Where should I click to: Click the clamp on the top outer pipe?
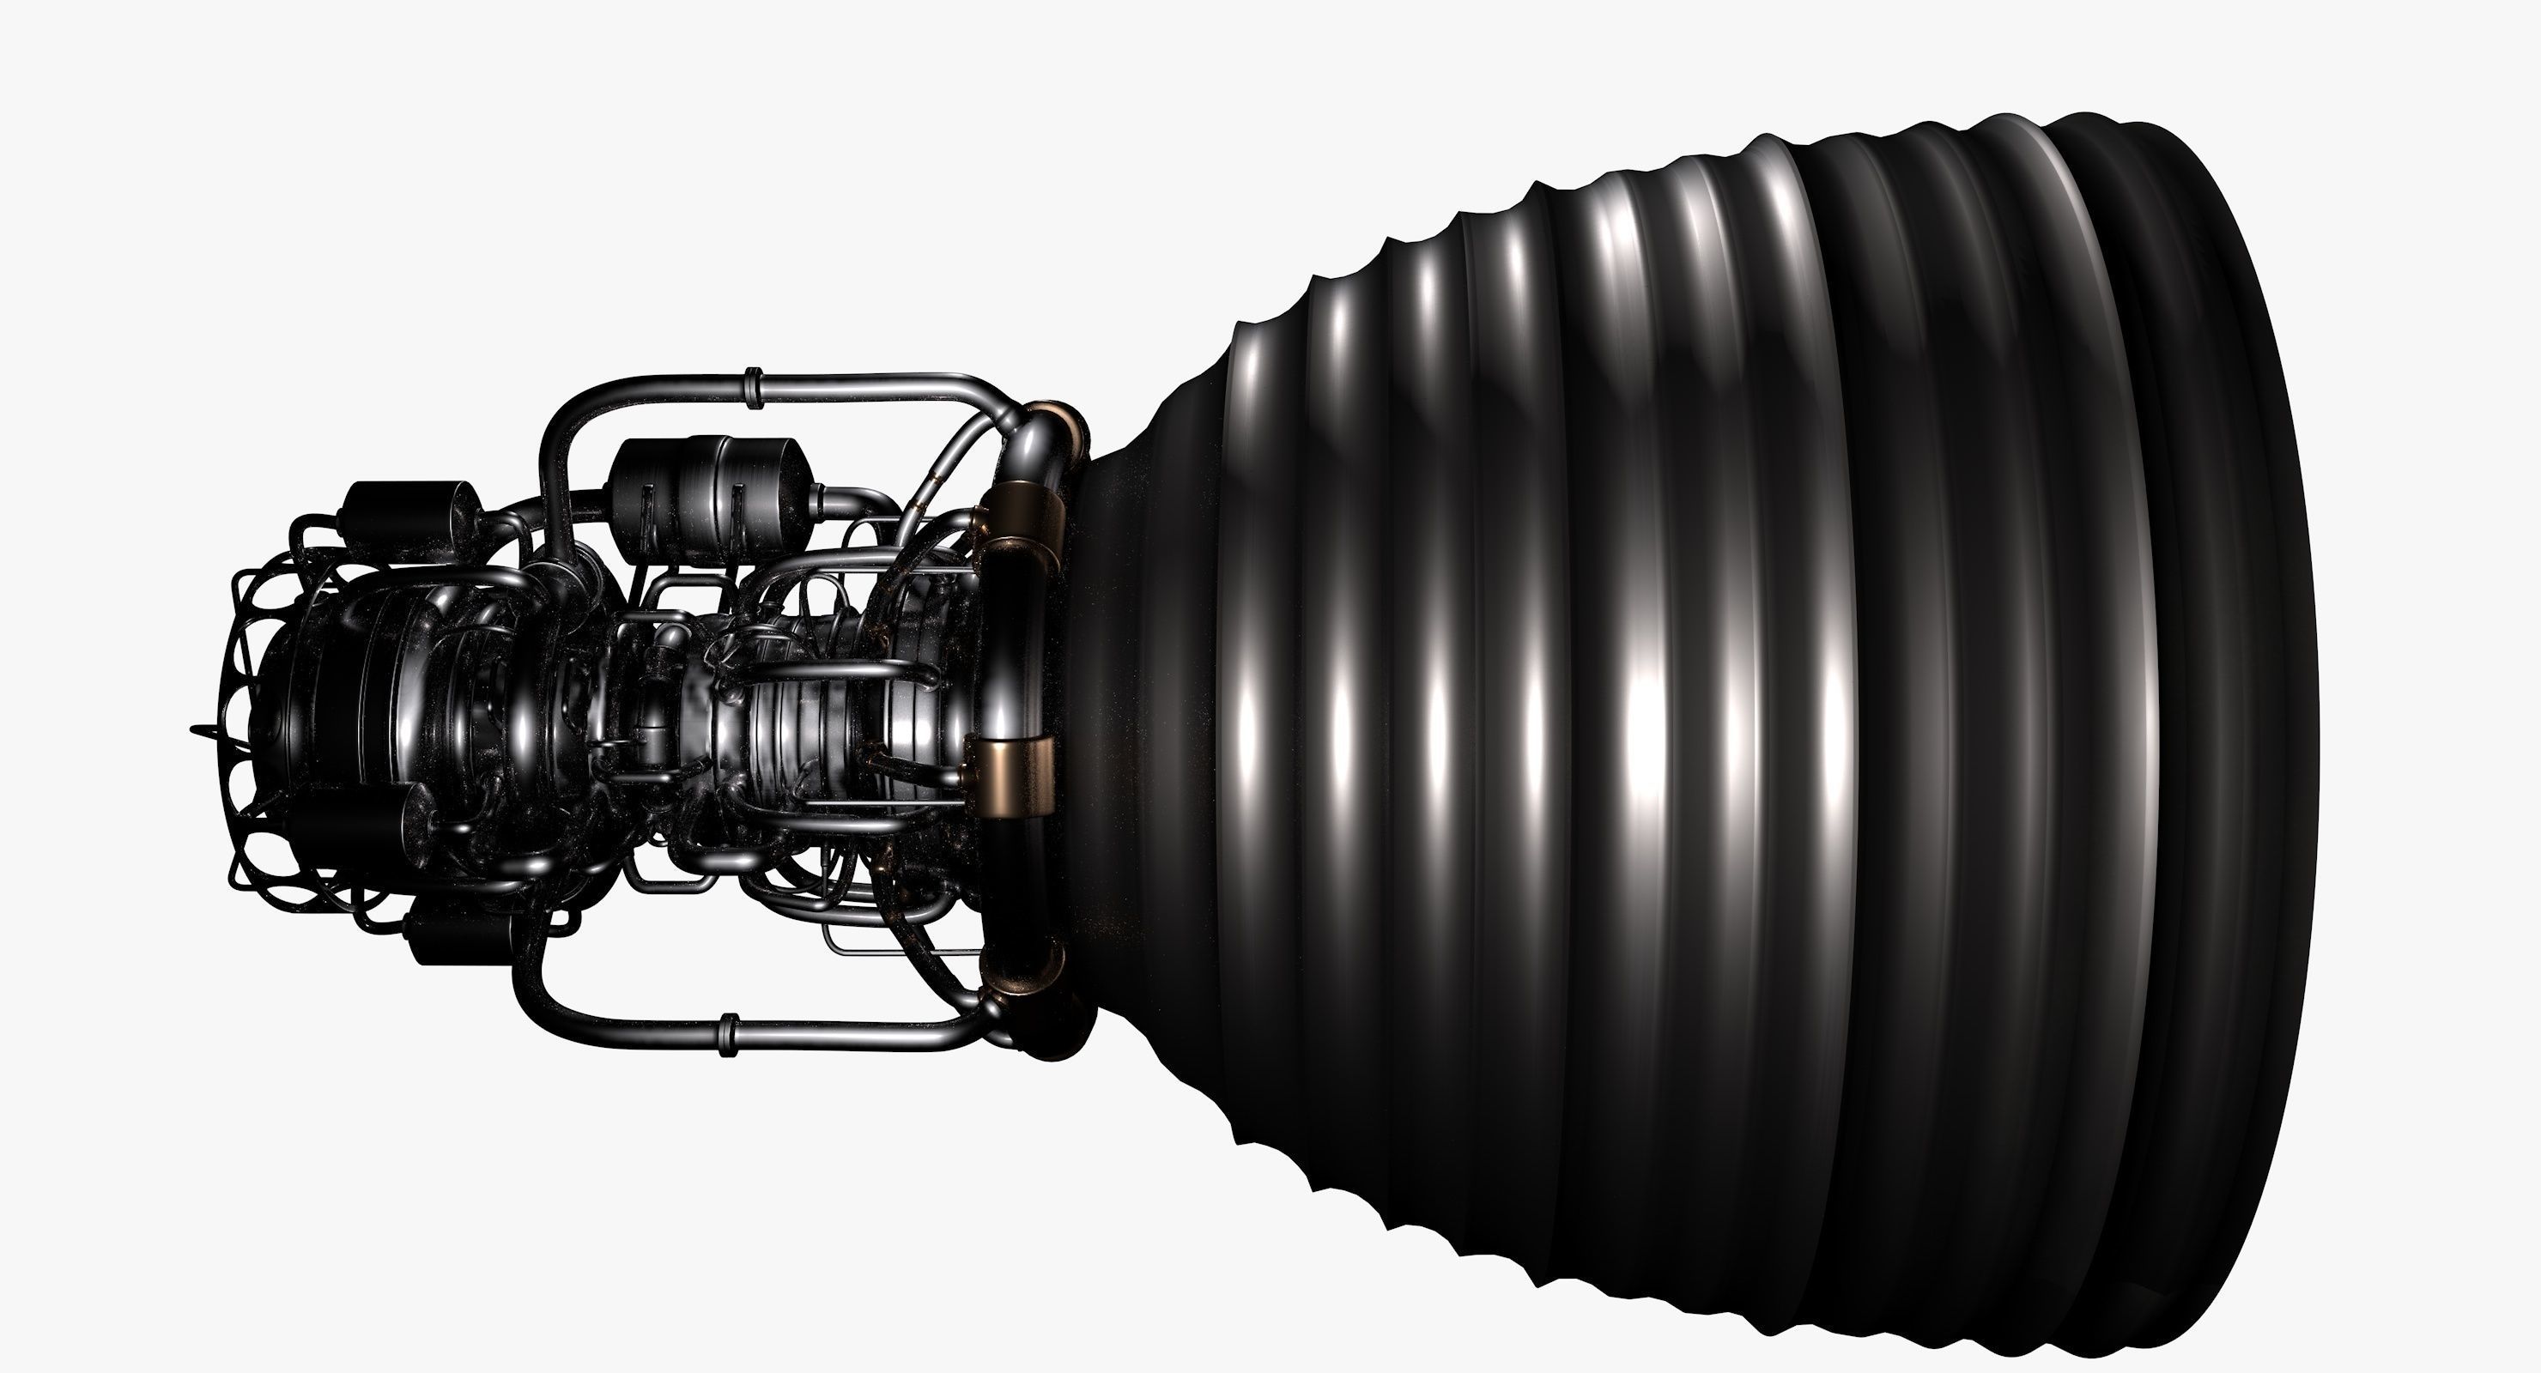tap(753, 388)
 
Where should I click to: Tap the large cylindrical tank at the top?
tap(707, 499)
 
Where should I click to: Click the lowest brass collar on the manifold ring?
tap(1026, 966)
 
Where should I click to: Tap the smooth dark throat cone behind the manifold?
tap(1144, 711)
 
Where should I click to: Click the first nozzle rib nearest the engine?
tap(1243, 711)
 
